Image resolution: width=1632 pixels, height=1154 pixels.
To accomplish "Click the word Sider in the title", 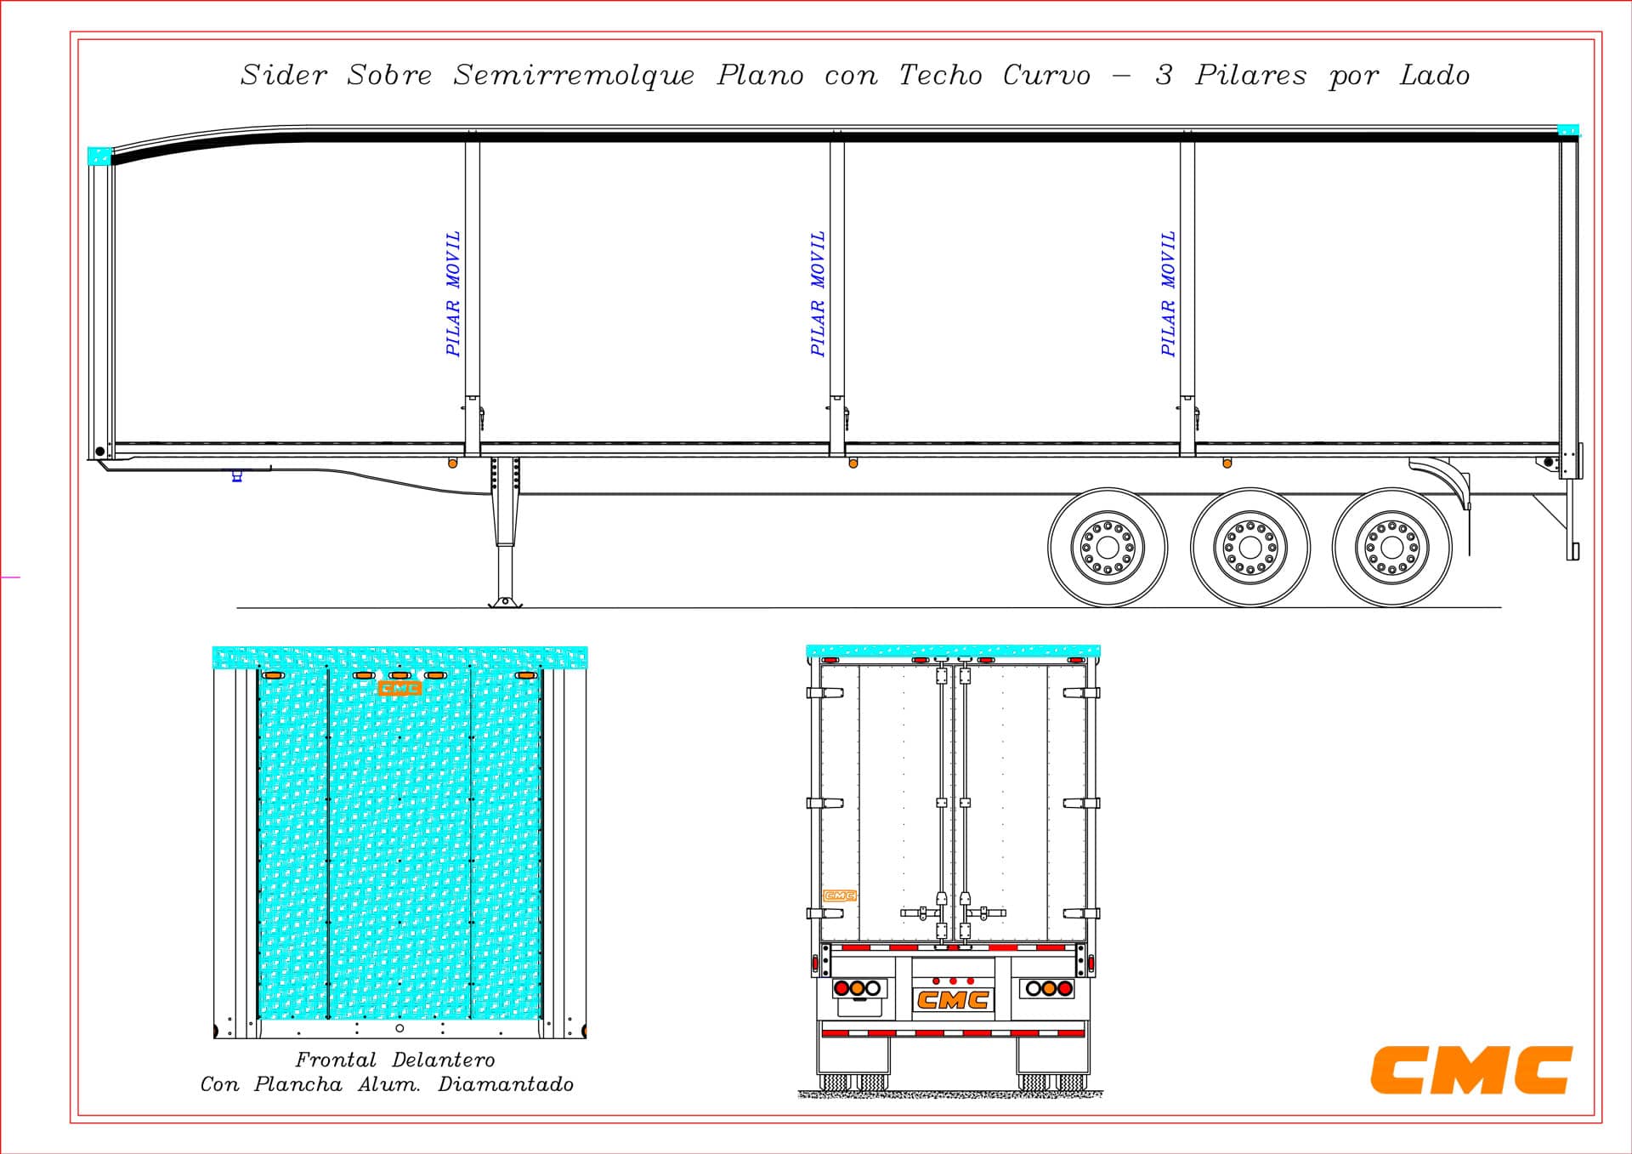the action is pyautogui.click(x=284, y=75).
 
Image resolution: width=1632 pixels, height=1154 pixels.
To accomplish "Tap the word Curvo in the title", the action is pyautogui.click(x=1046, y=75).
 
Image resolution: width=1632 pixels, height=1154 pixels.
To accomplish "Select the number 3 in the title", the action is pyautogui.click(x=1164, y=75).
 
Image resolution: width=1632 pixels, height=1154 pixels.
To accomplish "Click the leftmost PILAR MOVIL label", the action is pyautogui.click(x=453, y=293).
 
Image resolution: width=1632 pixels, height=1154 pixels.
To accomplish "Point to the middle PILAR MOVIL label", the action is pyautogui.click(x=818, y=293).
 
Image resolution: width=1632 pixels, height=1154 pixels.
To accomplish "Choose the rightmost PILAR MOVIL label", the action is pyautogui.click(x=1169, y=293).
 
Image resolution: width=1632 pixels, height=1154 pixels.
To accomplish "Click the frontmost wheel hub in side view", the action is pyautogui.click(x=1108, y=547).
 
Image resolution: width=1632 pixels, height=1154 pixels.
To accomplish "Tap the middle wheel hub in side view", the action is pyautogui.click(x=1249, y=547).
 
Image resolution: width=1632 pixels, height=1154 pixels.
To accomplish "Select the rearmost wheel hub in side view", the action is pyautogui.click(x=1391, y=547).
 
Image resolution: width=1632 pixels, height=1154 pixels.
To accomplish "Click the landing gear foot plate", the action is pyautogui.click(x=505, y=603).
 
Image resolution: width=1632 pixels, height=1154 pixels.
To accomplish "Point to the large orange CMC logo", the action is pyautogui.click(x=1471, y=1070).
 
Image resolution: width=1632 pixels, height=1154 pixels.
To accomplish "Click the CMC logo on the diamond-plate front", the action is pyautogui.click(x=399, y=688).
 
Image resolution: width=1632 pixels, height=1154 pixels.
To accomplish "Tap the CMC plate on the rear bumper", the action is pyautogui.click(x=953, y=1000).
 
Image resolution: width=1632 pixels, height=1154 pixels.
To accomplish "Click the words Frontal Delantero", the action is pyautogui.click(x=394, y=1060).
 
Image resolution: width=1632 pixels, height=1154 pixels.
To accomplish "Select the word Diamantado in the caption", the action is pyautogui.click(x=506, y=1084).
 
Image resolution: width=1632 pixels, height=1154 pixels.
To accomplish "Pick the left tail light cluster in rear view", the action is pyautogui.click(x=858, y=988).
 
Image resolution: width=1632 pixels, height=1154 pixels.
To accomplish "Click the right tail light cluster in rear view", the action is pyautogui.click(x=1047, y=988).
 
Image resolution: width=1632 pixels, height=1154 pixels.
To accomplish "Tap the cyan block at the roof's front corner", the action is pyautogui.click(x=99, y=156).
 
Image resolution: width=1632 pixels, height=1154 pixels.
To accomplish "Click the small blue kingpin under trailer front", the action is pyautogui.click(x=237, y=476).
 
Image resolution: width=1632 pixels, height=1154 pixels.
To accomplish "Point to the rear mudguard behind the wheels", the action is pyautogui.click(x=1445, y=480).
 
